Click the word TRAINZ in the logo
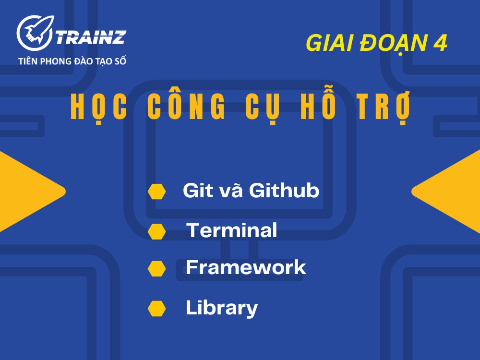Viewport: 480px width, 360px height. [91, 36]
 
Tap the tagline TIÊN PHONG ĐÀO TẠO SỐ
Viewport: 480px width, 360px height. [72, 61]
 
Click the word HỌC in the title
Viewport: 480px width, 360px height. [99, 108]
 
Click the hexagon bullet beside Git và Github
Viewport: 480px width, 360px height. [157, 192]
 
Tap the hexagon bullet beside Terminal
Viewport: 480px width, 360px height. [157, 231]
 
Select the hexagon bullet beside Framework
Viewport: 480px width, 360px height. [157, 268]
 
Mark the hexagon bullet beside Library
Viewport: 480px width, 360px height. [157, 308]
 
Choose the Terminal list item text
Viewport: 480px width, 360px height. [232, 230]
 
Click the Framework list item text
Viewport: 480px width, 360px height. [246, 267]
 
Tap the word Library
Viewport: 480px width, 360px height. [222, 308]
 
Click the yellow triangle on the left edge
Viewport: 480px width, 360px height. [24, 192]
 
